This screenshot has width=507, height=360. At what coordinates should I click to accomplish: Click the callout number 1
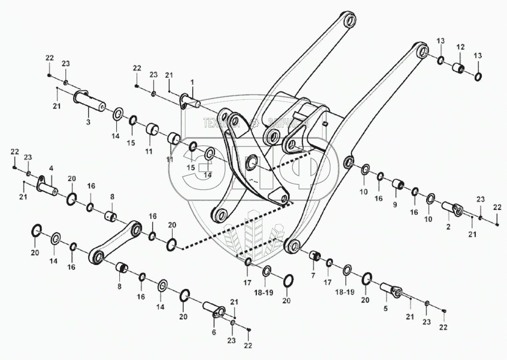tap(192, 82)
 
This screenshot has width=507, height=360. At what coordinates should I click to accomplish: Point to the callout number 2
tap(448, 227)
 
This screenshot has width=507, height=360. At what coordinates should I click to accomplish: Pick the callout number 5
tap(386, 309)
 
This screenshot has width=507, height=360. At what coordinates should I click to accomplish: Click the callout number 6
tap(214, 332)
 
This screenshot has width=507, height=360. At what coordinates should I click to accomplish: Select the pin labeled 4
tap(48, 187)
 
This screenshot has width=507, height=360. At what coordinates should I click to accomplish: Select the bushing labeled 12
tap(458, 68)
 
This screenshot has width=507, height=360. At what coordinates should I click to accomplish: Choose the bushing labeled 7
tap(315, 256)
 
